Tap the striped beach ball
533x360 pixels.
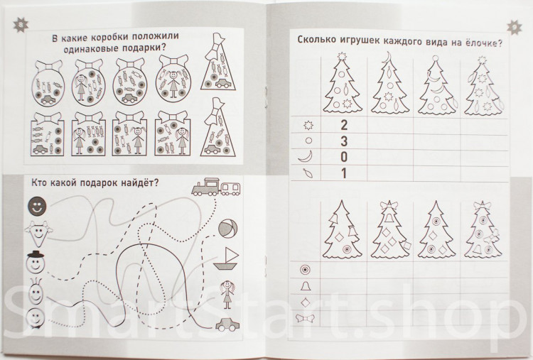coord(227,228)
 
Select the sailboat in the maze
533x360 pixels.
coord(225,258)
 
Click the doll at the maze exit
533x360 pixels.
coord(227,294)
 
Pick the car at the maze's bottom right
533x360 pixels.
coord(227,324)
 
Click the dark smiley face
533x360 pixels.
coord(37,206)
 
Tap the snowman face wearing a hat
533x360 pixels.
coord(36,261)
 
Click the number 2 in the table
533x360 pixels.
coord(344,125)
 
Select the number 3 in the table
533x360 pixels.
coord(344,141)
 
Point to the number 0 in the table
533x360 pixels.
coord(344,157)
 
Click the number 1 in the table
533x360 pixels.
coord(344,173)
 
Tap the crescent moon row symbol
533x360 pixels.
coord(306,157)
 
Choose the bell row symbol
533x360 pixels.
coord(306,286)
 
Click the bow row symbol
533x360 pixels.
coord(306,318)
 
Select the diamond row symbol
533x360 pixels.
coord(306,302)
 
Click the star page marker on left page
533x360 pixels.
coord(20,24)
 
